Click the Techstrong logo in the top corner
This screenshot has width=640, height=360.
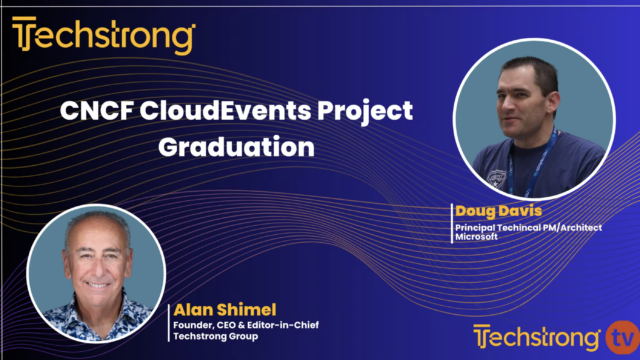[x=103, y=37]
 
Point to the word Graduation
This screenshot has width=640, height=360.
[x=236, y=147]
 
